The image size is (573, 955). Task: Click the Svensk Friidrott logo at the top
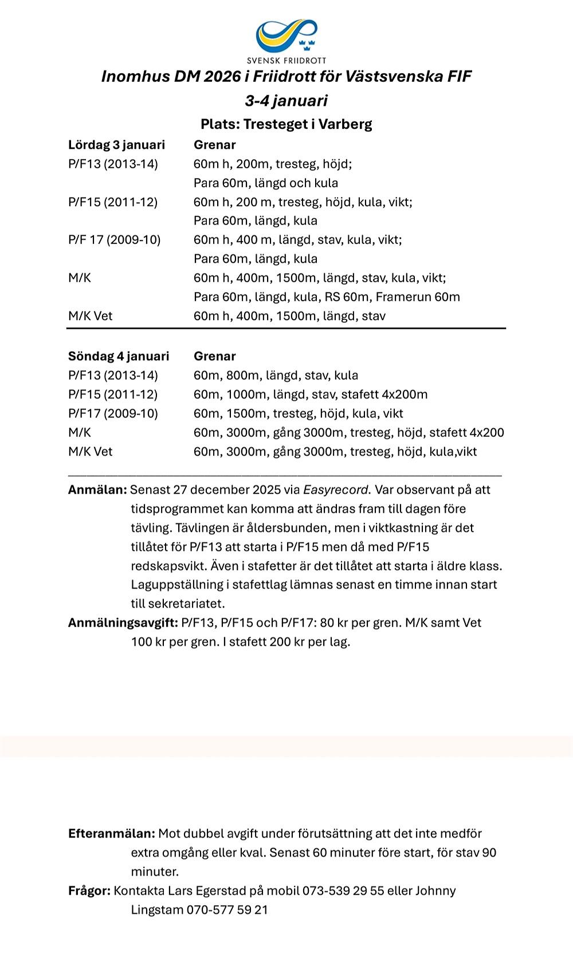[286, 40]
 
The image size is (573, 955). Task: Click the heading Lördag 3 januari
[116, 145]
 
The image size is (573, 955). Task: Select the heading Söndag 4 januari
[119, 356]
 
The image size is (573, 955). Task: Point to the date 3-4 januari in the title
[286, 101]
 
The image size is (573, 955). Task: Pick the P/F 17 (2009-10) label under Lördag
[114, 239]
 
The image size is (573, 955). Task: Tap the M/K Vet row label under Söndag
[90, 451]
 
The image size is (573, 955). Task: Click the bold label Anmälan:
[97, 490]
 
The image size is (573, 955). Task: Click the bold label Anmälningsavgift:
[123, 622]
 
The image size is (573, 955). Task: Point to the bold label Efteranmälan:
[111, 833]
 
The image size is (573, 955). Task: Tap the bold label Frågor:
[89, 890]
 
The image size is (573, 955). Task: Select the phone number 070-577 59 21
[227, 909]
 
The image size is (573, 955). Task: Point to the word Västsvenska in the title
[395, 76]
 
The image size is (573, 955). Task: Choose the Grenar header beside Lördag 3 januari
[215, 145]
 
